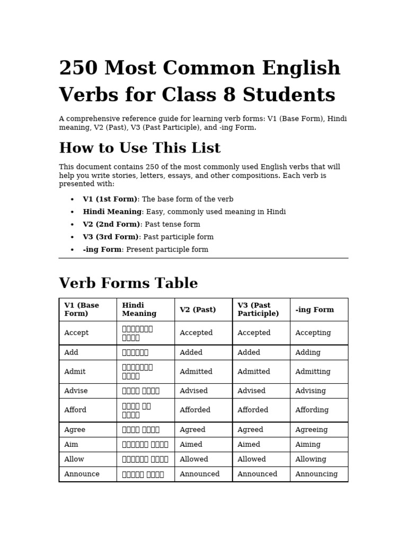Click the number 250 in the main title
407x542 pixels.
click(x=78, y=69)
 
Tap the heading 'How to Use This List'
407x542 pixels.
click(x=139, y=148)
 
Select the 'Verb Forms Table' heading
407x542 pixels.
click(x=128, y=284)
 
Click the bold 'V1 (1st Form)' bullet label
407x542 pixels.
click(x=110, y=200)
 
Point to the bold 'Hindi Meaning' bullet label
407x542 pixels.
click(x=112, y=212)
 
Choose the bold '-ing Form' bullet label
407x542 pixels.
click(x=102, y=250)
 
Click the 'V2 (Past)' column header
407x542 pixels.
click(x=198, y=310)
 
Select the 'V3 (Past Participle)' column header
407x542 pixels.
click(x=258, y=310)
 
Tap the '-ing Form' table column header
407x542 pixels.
click(x=314, y=310)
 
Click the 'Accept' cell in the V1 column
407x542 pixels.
click(x=76, y=333)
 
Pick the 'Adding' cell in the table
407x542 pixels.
click(x=308, y=353)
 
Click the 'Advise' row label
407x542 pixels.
click(x=76, y=391)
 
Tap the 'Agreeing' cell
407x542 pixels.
click(x=311, y=430)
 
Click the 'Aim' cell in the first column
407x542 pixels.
click(x=71, y=445)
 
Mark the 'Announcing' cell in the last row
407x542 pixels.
click(x=316, y=474)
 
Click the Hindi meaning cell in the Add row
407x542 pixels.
click(x=135, y=353)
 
